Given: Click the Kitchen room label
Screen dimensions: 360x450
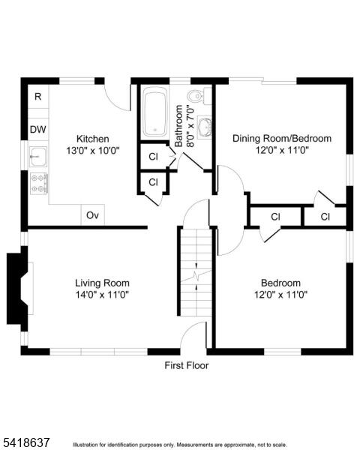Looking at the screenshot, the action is pos(93,139).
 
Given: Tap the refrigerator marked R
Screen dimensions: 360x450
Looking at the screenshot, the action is pos(38,97).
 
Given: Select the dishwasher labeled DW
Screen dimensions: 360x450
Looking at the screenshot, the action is pos(38,130).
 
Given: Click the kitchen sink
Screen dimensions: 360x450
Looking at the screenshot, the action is pos(38,157).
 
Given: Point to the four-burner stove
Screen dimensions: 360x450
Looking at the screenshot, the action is pos(39,184).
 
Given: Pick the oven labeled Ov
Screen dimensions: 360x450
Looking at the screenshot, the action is pos(93,215).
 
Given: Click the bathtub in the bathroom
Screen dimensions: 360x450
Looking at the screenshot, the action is pos(155,112).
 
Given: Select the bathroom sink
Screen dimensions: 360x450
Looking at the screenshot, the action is pos(205,127).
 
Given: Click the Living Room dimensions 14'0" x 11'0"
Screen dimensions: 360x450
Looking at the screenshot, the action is pos(102,295).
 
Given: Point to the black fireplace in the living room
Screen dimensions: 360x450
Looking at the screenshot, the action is pos(18,289).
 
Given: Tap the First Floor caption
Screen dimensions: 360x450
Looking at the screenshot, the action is pos(187,366).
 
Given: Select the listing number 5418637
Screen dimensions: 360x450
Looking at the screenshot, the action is pos(25,442).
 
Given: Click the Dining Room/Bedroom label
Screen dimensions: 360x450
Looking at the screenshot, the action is pos(282,139).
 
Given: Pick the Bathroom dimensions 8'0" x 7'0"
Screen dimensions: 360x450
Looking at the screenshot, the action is pos(190,126).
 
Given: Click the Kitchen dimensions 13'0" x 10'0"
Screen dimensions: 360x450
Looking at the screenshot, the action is pos(93,151).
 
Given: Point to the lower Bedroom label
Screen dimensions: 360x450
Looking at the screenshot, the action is pos(280,283).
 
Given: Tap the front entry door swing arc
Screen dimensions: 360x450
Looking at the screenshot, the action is pos(188,329).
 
